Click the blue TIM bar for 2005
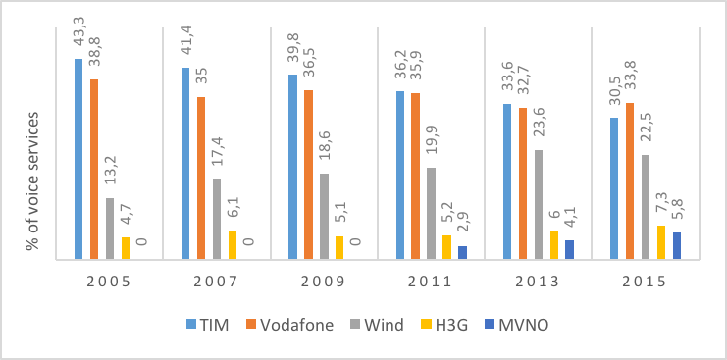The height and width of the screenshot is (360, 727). click(x=78, y=159)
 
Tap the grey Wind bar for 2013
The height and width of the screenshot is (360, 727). click(x=539, y=204)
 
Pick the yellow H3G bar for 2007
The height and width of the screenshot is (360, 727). click(x=233, y=245)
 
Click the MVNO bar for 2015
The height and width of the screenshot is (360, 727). click(x=677, y=246)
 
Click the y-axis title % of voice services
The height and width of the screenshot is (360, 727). click(x=32, y=180)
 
